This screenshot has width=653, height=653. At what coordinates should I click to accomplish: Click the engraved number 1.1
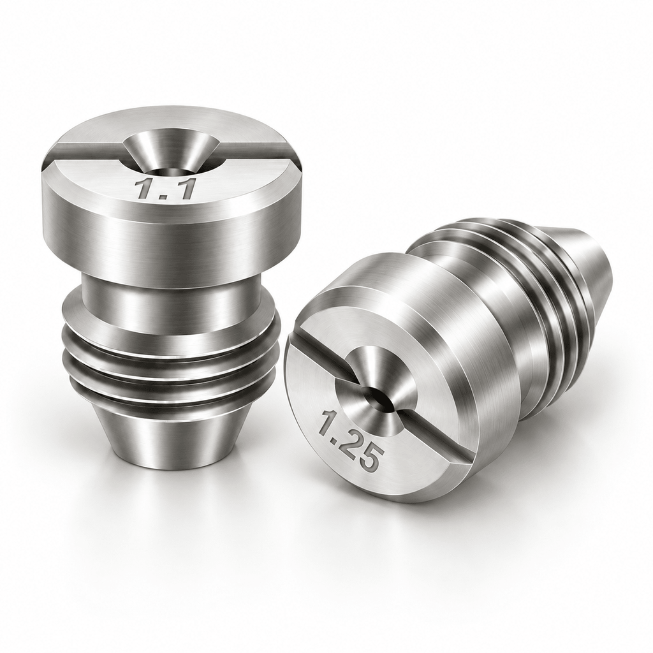coord(165,189)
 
